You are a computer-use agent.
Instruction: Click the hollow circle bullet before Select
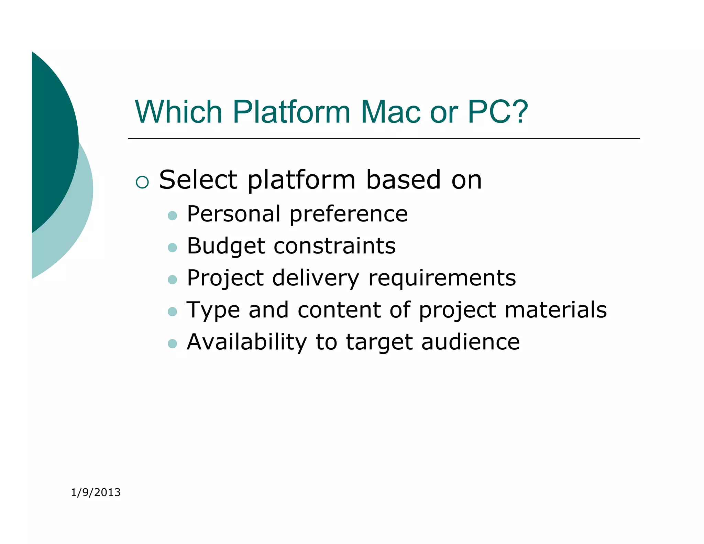click(x=142, y=182)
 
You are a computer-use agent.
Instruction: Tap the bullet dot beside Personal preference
click(x=172, y=216)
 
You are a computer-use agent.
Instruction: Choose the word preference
click(x=349, y=214)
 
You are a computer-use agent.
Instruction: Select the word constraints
click(x=335, y=246)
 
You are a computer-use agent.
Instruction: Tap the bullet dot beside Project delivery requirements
click(x=172, y=280)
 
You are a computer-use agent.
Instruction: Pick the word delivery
click(x=316, y=278)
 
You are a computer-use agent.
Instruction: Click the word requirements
click(x=442, y=278)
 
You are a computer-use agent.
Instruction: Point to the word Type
click(x=213, y=311)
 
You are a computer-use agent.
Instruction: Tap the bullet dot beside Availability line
click(x=172, y=344)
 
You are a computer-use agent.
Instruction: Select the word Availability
click(x=246, y=342)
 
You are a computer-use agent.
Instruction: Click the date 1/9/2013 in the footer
click(x=96, y=492)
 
